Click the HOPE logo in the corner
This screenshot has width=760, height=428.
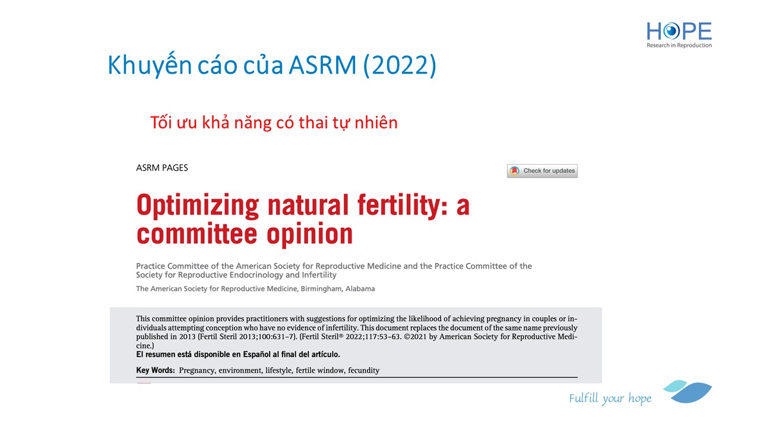click(679, 34)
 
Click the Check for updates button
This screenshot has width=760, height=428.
click(542, 171)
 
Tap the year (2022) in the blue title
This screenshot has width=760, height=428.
click(400, 65)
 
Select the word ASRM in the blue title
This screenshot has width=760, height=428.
click(322, 65)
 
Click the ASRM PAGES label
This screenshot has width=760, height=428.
click(162, 168)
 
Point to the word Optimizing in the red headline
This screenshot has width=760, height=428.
click(198, 206)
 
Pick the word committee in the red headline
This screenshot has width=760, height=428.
click(197, 234)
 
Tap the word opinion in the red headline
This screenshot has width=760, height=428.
click(310, 235)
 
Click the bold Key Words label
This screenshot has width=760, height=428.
click(156, 370)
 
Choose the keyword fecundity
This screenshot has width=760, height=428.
click(364, 370)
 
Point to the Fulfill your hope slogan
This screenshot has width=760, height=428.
click(610, 398)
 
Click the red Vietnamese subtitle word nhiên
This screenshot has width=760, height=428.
click(376, 122)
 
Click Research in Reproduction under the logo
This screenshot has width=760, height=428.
click(679, 45)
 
